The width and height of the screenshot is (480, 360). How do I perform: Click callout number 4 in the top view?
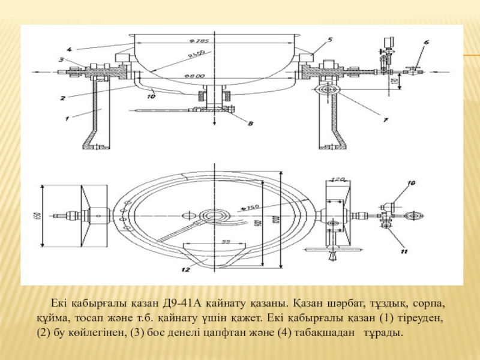[x=70, y=49]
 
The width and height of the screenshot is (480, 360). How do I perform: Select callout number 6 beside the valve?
[x=426, y=43]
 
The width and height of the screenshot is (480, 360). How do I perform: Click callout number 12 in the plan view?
[x=187, y=270]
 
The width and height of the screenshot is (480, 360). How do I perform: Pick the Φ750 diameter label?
[x=248, y=208]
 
